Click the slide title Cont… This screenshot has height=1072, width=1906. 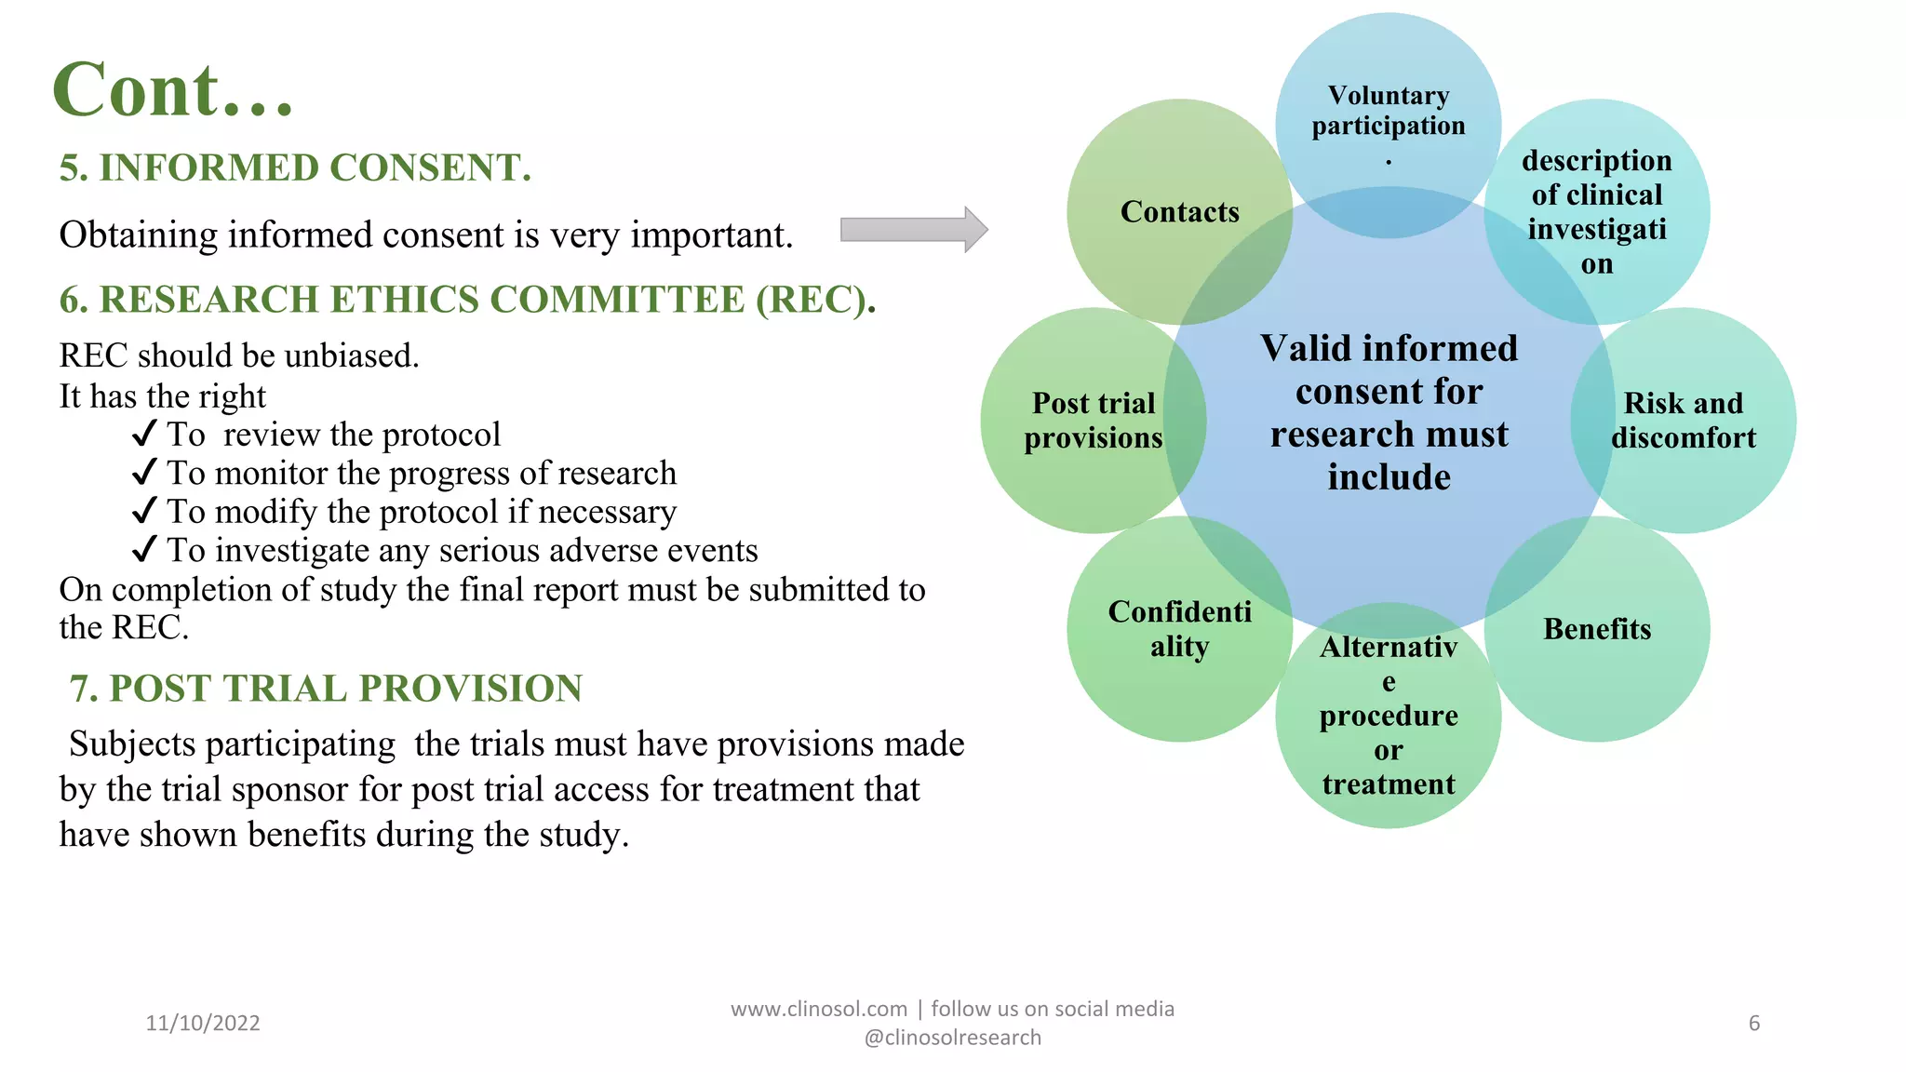[173, 90]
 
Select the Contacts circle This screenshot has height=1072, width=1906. [1179, 211]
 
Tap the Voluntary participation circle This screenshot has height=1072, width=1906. [1388, 111]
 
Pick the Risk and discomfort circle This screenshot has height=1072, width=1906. [1683, 420]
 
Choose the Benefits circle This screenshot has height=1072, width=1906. [1597, 629]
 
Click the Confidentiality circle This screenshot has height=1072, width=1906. [1179, 629]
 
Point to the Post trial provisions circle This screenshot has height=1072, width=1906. [1093, 420]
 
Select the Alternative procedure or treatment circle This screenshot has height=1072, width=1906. [1388, 716]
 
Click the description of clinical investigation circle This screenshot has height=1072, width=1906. [1597, 211]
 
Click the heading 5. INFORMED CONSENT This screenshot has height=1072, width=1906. [295, 168]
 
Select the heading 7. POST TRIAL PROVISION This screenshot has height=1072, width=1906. [326, 689]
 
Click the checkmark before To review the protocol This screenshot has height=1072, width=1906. [144, 434]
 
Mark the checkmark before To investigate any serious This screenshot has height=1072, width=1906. [144, 550]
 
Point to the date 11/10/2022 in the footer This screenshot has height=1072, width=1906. [203, 1023]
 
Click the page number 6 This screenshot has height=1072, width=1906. [1753, 1023]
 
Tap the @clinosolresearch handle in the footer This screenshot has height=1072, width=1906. [952, 1038]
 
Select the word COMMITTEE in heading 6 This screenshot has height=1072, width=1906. [617, 300]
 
